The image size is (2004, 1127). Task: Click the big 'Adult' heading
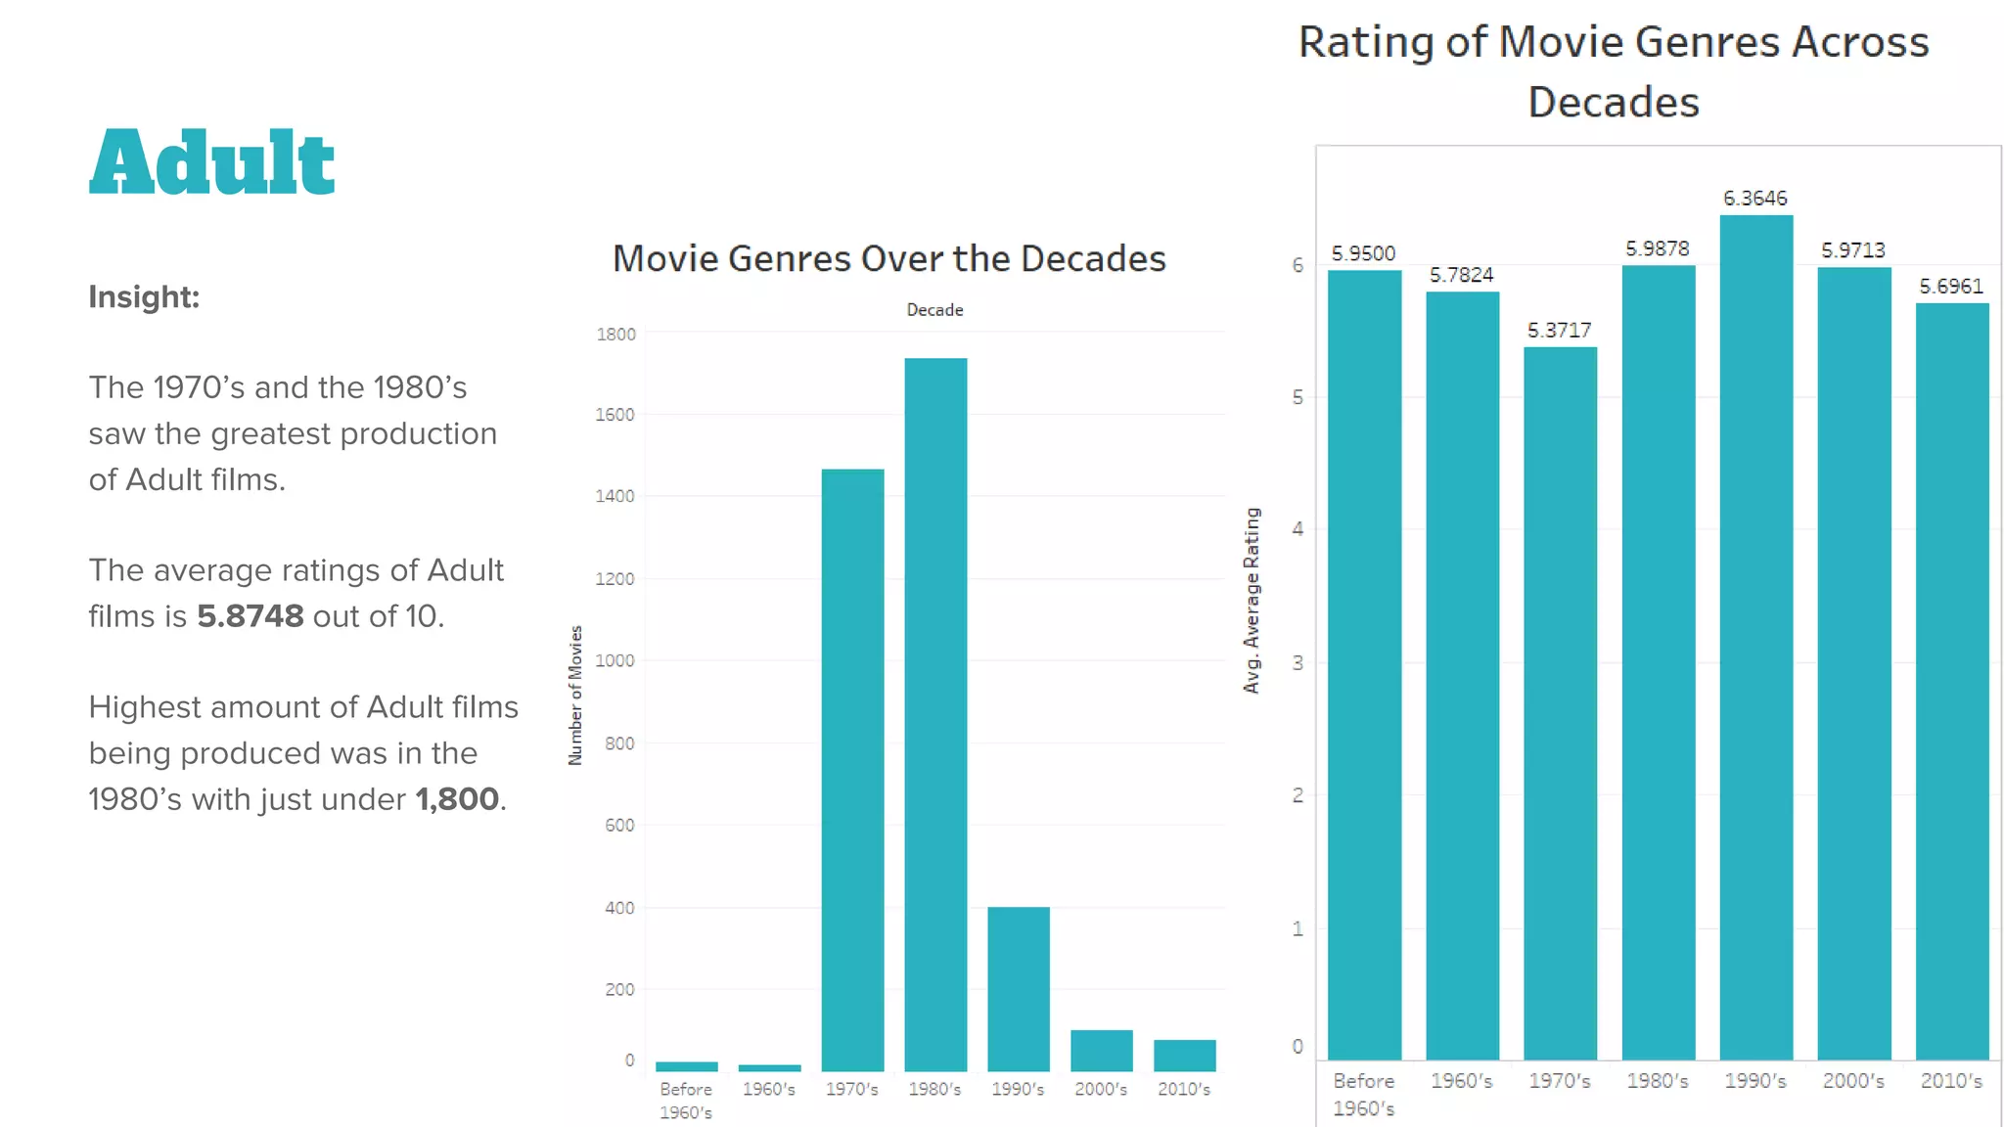[211, 162]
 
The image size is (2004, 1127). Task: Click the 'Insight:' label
[144, 296]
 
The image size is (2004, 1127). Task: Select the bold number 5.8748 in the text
[250, 616]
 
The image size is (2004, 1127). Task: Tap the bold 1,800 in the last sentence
[457, 799]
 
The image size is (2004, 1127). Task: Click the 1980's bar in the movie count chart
[935, 714]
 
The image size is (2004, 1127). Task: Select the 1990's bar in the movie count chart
[1018, 988]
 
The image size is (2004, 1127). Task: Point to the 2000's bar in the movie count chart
[1101, 1050]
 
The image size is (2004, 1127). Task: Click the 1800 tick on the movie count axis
[615, 335]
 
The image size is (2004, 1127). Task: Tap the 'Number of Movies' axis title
[575, 695]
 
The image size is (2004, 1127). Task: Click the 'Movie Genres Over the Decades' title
[888, 258]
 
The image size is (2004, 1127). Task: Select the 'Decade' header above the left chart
[934, 310]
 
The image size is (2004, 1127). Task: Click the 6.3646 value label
[1754, 199]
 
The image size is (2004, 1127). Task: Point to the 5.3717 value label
[1559, 331]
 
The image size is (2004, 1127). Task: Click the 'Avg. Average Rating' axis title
[1252, 601]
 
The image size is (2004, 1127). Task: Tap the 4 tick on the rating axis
[1298, 529]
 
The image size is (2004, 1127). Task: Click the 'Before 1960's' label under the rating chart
[1363, 1094]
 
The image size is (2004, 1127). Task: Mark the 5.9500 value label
[1363, 254]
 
